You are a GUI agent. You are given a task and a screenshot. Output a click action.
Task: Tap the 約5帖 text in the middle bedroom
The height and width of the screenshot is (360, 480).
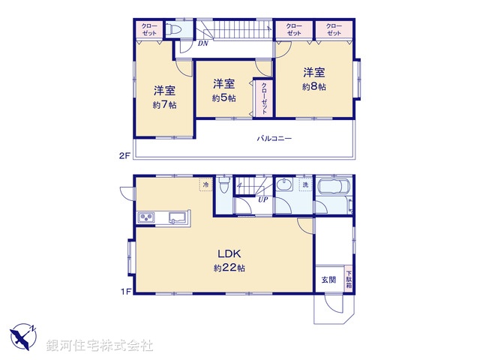(224, 98)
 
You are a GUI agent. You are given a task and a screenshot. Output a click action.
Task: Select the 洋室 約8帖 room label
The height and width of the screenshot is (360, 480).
(315, 79)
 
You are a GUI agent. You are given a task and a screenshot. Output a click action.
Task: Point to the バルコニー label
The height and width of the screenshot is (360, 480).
(274, 139)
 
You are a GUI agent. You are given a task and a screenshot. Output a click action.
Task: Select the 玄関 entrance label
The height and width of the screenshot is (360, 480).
(328, 280)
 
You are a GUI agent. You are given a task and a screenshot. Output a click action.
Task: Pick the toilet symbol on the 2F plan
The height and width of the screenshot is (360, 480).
(172, 30)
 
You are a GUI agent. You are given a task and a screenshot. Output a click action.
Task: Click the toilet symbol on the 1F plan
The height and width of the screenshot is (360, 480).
(223, 188)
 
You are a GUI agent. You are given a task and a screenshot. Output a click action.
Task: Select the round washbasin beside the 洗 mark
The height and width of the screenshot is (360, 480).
(284, 187)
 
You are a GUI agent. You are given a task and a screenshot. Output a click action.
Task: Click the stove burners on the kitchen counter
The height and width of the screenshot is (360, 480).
(146, 217)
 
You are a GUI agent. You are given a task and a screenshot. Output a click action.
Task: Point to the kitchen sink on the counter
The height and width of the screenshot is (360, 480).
(178, 217)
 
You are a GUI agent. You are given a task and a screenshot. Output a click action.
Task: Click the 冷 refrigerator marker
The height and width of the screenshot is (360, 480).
(205, 184)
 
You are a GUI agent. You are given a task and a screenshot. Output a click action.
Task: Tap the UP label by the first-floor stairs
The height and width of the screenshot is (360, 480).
(262, 199)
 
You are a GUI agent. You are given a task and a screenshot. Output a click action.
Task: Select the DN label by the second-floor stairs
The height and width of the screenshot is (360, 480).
(202, 44)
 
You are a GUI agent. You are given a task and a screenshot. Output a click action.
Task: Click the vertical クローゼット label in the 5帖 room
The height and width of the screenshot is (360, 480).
(263, 97)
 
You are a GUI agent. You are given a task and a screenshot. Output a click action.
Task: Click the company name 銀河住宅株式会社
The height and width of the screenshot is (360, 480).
(100, 346)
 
